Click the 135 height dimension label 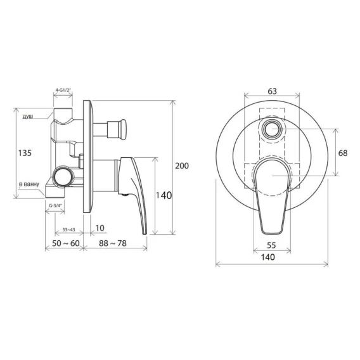coord(25,153)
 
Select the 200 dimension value coord(182,165)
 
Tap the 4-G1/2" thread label coord(63,90)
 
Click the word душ coord(28,117)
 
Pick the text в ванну coord(29,184)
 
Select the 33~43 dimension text coord(68,230)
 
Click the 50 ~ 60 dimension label coord(66,243)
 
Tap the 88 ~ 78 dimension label coord(113,243)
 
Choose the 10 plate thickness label coord(100,228)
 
